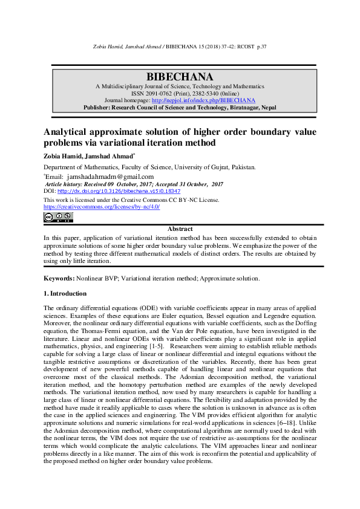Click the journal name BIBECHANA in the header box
[x=180, y=77]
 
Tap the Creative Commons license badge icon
[x=58, y=216]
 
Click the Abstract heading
[x=180, y=229]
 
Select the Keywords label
[x=59, y=278]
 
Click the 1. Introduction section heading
[x=65, y=293]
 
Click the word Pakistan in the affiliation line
[x=242, y=167]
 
